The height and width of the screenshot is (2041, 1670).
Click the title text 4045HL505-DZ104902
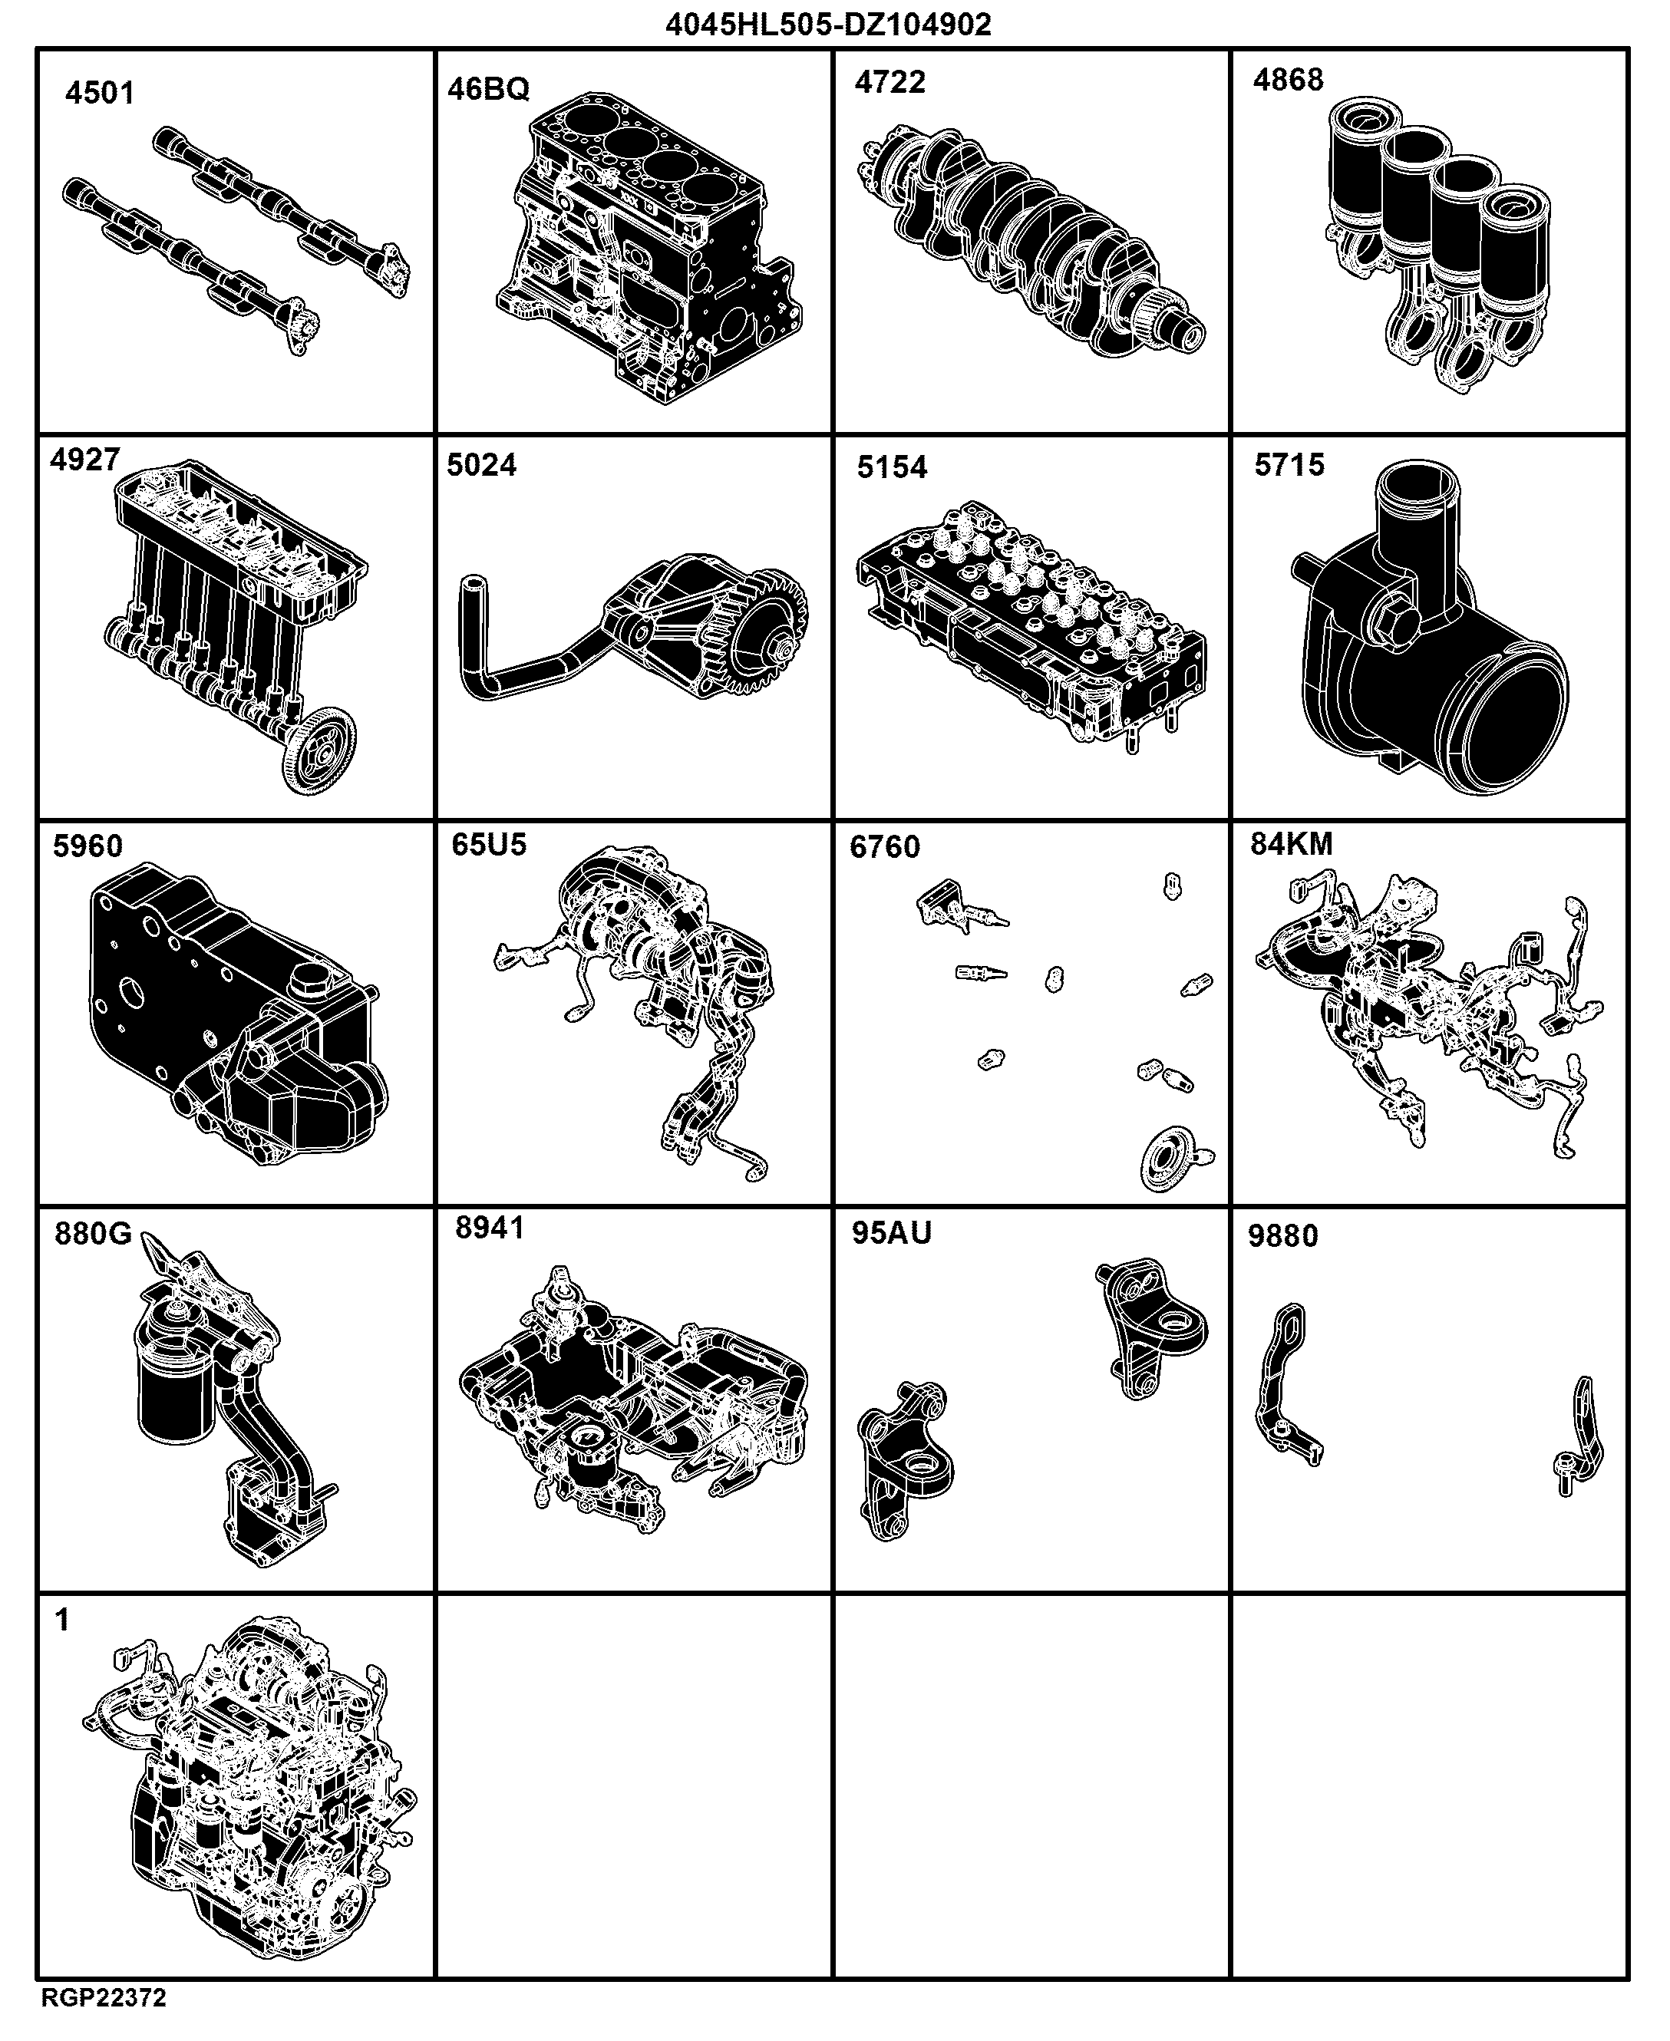pyautogui.click(x=828, y=24)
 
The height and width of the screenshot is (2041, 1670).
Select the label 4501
pyautogui.click(x=100, y=94)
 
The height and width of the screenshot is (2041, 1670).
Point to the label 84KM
pyautogui.click(x=1292, y=843)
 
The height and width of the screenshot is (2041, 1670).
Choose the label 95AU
pyautogui.click(x=892, y=1232)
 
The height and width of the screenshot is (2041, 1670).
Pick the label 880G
pyautogui.click(x=94, y=1233)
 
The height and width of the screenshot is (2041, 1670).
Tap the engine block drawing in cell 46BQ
pyautogui.click(x=649, y=247)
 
